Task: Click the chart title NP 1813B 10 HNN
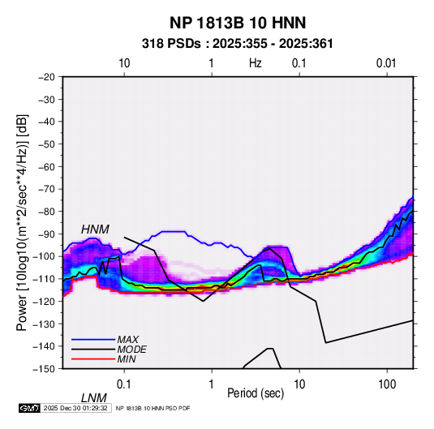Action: (x=238, y=23)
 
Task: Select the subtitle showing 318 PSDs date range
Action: (x=237, y=44)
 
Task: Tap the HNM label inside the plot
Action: (x=95, y=230)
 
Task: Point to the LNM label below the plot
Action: (x=93, y=398)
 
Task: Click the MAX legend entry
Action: (x=127, y=339)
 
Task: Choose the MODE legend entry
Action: (x=131, y=350)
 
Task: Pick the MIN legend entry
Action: (x=127, y=359)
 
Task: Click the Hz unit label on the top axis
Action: (x=256, y=63)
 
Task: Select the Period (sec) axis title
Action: (x=256, y=393)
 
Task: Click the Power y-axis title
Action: (x=22, y=222)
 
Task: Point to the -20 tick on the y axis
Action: (x=46, y=77)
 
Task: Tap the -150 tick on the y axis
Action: (x=44, y=369)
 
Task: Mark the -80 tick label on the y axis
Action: (x=46, y=212)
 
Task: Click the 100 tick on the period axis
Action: (x=387, y=384)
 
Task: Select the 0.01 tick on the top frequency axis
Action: (x=386, y=63)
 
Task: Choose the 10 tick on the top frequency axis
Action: (x=124, y=63)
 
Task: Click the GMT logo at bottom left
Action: (x=30, y=408)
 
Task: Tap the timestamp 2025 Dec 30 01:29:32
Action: (x=75, y=408)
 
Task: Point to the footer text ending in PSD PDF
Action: (x=153, y=408)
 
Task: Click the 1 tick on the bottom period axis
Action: (x=212, y=384)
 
